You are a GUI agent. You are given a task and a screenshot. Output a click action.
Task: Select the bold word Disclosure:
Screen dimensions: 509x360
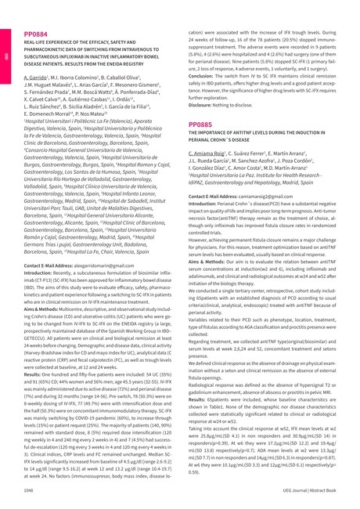point(205,105)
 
